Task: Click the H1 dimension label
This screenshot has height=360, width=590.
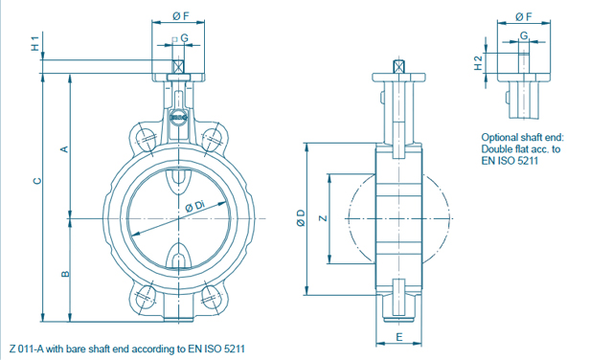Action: (x=35, y=44)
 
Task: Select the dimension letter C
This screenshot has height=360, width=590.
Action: (x=36, y=181)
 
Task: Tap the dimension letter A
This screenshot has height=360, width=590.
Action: (x=65, y=149)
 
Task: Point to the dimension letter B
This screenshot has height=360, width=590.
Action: (x=65, y=274)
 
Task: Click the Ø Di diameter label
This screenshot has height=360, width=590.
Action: (x=195, y=207)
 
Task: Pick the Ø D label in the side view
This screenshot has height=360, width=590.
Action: (x=301, y=217)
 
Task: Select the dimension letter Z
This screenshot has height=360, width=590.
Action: (x=323, y=217)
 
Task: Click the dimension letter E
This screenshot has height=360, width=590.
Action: (x=399, y=337)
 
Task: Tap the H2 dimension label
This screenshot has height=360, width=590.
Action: (x=478, y=63)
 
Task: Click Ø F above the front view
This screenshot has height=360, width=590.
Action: (x=181, y=16)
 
